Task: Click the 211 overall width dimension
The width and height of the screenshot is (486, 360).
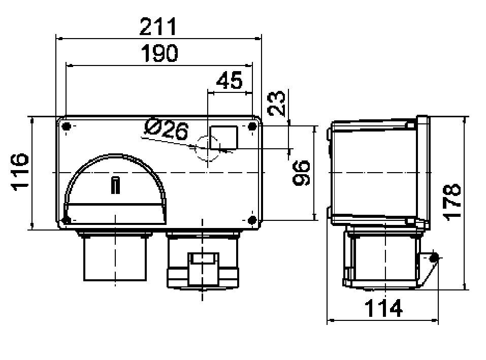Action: tap(158, 26)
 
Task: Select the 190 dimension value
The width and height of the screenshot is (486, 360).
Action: tap(159, 53)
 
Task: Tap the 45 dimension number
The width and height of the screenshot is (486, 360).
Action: tap(230, 81)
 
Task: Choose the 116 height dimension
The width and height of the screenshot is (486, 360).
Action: tap(20, 171)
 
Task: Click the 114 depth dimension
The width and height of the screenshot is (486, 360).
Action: tap(383, 308)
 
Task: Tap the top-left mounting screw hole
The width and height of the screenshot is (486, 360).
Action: tap(67, 126)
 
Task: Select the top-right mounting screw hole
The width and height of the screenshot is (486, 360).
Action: tap(251, 126)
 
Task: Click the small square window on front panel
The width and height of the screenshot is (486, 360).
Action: tap(224, 137)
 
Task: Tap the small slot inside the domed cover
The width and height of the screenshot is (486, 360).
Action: tap(116, 185)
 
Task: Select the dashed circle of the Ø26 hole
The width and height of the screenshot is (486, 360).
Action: tap(208, 148)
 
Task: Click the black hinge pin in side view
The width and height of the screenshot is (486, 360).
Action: tap(433, 258)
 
